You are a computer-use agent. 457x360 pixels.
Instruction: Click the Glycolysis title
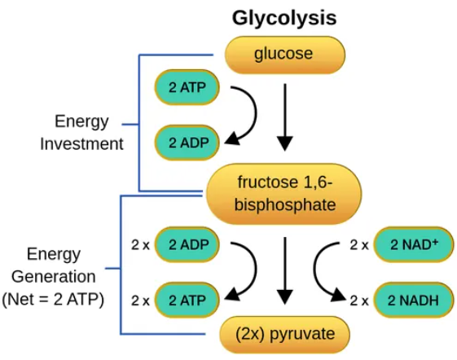(284, 17)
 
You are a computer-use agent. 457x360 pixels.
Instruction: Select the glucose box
(284, 55)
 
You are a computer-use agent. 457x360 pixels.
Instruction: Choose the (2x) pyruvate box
(284, 334)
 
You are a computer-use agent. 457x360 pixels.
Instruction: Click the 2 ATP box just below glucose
(187, 87)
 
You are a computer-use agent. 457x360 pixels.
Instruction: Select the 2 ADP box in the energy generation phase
(187, 244)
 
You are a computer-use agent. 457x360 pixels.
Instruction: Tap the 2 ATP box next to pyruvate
(187, 300)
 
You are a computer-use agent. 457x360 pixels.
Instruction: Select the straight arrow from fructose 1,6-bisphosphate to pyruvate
(284, 268)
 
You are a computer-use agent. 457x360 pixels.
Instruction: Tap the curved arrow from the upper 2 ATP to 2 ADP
(244, 114)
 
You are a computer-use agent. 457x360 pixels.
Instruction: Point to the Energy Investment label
(81, 133)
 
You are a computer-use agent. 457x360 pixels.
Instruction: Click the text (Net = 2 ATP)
(54, 299)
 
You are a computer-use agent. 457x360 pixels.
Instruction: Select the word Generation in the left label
(54, 276)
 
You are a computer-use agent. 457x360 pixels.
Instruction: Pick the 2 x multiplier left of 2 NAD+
(359, 244)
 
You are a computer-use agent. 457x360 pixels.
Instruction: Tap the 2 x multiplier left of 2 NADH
(359, 300)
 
